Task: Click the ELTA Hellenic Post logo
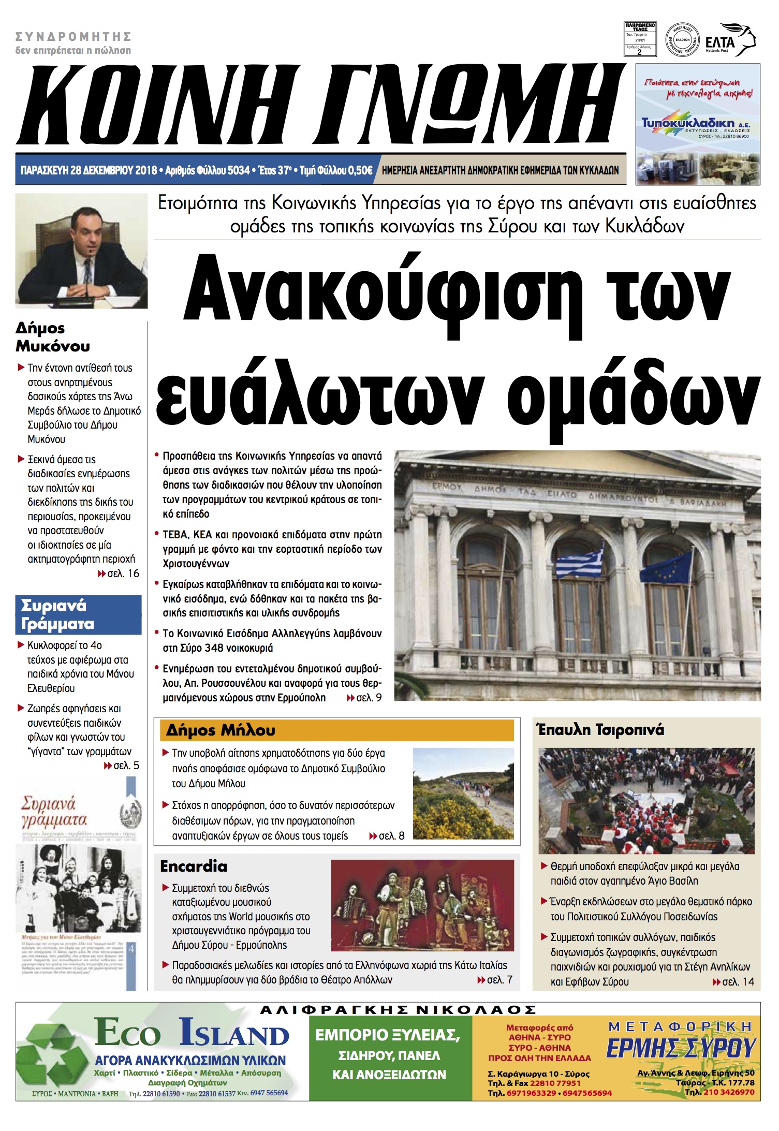coord(730,40)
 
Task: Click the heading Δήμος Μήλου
coord(221,730)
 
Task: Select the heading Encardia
coord(194,866)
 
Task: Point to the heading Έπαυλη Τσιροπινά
coord(600,730)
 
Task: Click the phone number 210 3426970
coord(728,1092)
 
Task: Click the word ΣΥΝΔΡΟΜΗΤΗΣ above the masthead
coord(73,37)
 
